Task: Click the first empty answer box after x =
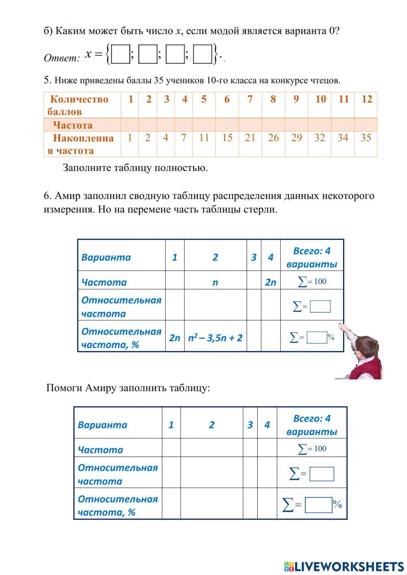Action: [120, 55]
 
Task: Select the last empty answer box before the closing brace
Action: [202, 55]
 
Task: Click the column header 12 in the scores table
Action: [366, 99]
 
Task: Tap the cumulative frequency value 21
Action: [250, 138]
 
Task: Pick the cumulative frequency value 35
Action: [366, 138]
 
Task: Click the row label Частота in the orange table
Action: [73, 125]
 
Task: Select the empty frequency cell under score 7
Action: [250, 125]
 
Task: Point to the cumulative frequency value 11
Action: [203, 138]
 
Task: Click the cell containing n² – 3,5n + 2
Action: [215, 338]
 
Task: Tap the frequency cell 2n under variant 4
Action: [270, 282]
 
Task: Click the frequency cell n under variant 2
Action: [215, 282]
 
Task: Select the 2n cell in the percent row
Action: [174, 338]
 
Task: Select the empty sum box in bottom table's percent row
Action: [319, 505]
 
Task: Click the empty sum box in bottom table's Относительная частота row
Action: [322, 474]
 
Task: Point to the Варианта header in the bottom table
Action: [102, 425]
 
